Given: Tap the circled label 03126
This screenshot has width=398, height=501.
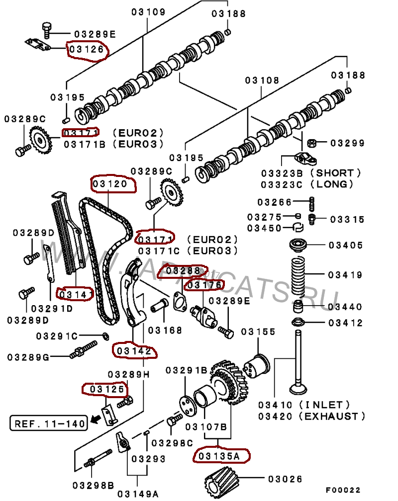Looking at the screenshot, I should (x=87, y=50).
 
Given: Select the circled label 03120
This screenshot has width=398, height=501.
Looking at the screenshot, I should (x=112, y=184).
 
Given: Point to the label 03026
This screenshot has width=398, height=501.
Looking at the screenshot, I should (x=285, y=479).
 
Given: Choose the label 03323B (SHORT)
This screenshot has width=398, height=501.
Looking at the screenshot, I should (x=311, y=173).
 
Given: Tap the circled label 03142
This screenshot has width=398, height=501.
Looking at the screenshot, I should (x=134, y=351).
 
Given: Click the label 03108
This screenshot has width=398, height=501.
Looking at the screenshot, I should (x=262, y=80).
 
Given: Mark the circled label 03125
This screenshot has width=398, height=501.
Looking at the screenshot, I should (x=105, y=389).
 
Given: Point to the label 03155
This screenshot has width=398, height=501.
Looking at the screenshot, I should (x=258, y=332).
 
